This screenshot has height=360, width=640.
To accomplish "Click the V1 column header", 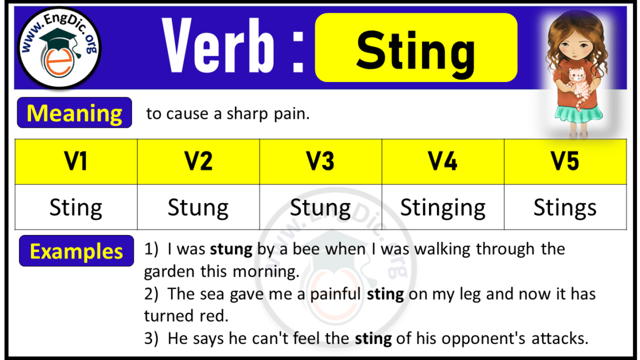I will pos(76,162).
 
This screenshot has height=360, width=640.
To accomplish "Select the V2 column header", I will pos(198,162).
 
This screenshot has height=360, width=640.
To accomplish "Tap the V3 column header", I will pos(321,162).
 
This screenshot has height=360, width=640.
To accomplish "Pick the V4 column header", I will pos(443,162).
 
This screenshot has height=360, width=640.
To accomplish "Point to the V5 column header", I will pos(565,162).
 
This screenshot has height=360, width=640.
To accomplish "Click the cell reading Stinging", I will pos(443,208).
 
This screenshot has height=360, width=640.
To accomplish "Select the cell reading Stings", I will pos(565,208).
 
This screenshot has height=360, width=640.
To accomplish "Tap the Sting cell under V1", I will pos(76,208).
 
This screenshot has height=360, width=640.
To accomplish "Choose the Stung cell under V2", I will pos(198,208).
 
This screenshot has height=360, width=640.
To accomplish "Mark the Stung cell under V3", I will pos(321,208).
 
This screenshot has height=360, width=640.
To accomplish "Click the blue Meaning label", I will pos(75,113).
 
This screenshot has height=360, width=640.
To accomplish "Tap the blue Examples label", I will pos(76,251).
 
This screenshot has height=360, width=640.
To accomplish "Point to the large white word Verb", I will pos(218,47).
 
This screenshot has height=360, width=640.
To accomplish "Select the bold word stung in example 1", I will pos(231,249).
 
